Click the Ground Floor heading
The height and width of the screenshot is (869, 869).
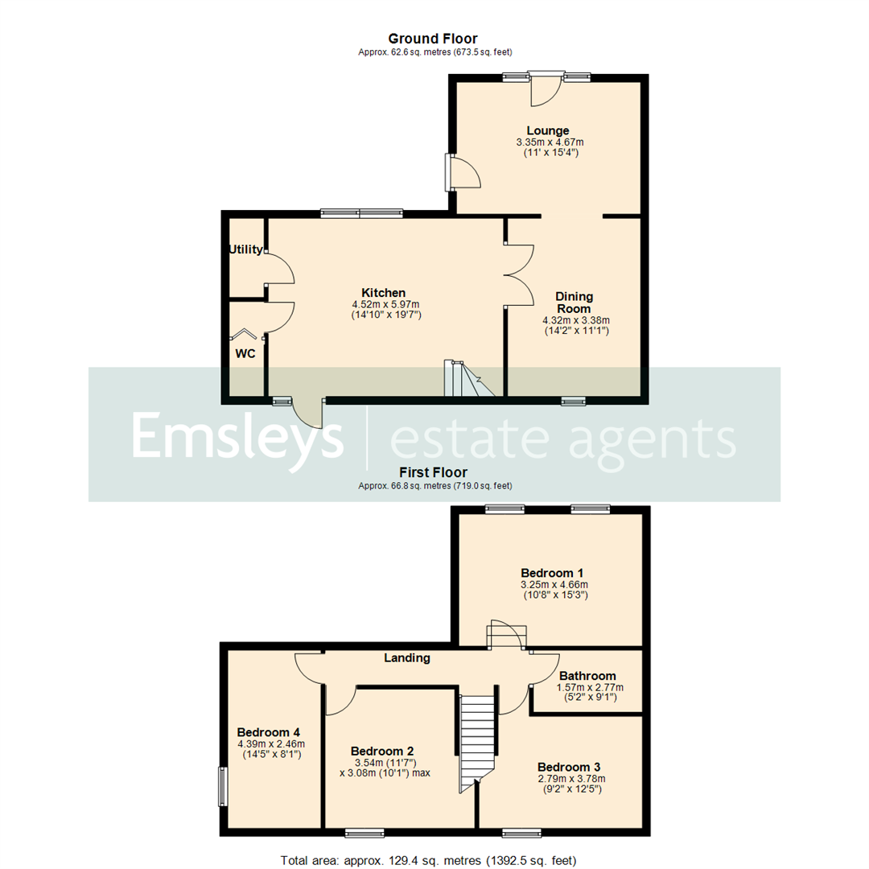(432, 39)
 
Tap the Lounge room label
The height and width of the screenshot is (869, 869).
(548, 130)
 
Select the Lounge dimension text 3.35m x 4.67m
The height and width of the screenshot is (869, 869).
(548, 142)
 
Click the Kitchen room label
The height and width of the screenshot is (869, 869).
(383, 292)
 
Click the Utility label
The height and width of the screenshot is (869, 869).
(245, 249)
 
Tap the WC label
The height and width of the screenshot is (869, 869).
(245, 353)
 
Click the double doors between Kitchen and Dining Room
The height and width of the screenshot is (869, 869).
(519, 274)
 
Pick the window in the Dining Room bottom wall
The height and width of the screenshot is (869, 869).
(573, 400)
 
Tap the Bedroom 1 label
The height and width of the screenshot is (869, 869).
(551, 572)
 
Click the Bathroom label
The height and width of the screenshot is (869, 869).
(587, 676)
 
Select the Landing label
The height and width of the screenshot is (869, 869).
(406, 657)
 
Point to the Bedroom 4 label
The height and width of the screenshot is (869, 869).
(269, 732)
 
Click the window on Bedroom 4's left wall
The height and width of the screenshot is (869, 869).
(223, 785)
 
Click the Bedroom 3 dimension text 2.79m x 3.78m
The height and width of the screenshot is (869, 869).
(570, 779)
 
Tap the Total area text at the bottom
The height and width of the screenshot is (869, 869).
(429, 860)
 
